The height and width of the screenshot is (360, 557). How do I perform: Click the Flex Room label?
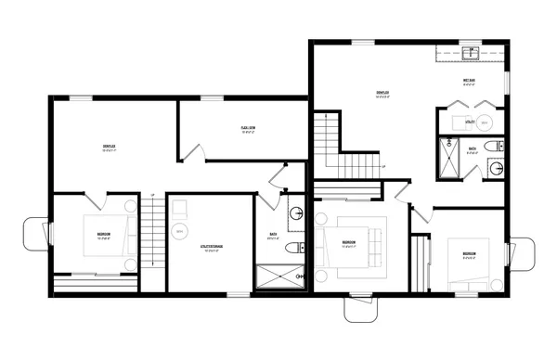coord(248,130)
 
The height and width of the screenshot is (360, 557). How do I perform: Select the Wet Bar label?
coord(470,81)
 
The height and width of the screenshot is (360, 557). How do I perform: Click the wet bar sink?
coord(472,54)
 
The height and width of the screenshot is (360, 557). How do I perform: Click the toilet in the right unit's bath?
coord(498,145)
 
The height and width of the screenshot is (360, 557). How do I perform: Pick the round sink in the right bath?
coord(497,169)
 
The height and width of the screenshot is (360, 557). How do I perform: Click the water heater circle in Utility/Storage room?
coord(179,232)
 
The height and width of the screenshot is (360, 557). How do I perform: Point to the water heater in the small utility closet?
coord(489,122)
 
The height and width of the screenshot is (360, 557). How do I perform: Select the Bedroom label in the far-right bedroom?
coord(471,253)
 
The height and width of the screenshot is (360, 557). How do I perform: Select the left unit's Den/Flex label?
coord(109,148)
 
